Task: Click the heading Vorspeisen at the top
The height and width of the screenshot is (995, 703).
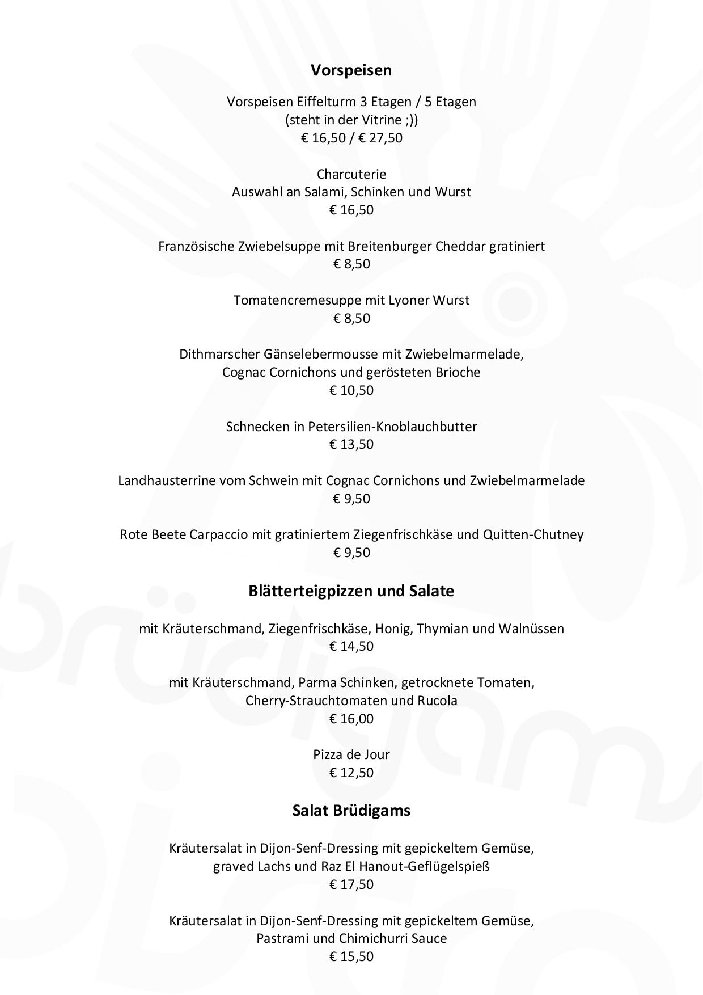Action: (x=351, y=70)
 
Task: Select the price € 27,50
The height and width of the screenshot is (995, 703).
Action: (x=380, y=138)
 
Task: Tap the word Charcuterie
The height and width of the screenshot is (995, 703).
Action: (x=351, y=174)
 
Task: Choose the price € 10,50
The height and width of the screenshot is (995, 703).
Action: (x=351, y=390)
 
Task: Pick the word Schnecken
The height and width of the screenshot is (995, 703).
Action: (x=258, y=427)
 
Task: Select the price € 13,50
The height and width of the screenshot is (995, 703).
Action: (x=351, y=444)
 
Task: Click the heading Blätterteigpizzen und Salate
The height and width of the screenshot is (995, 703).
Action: (x=351, y=591)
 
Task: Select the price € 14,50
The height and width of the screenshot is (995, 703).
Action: (x=351, y=646)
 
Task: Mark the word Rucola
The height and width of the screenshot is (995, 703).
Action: (x=437, y=701)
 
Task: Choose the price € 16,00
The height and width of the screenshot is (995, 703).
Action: (x=351, y=719)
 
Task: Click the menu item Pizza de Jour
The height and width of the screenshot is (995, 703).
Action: (x=351, y=754)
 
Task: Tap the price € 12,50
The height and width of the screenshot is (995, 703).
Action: (x=351, y=773)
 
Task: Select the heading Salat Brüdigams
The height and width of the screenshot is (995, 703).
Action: (x=351, y=811)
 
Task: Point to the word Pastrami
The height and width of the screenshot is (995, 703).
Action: (x=282, y=938)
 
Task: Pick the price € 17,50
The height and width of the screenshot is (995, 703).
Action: (x=351, y=884)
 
